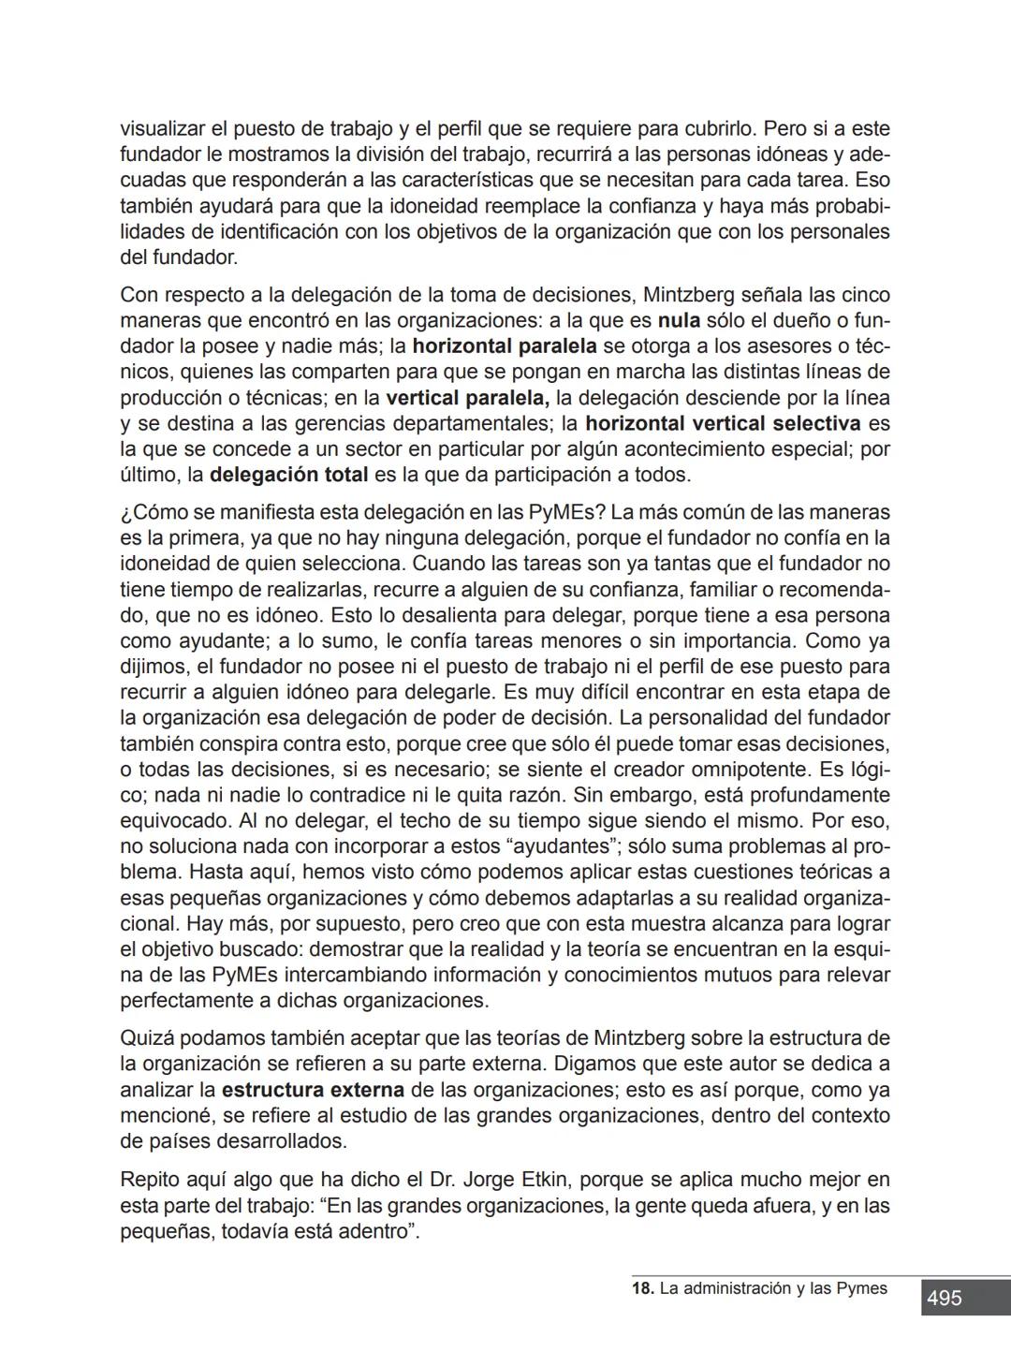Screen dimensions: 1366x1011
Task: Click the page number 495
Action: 944,1298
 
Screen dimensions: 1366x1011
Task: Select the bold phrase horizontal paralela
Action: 505,347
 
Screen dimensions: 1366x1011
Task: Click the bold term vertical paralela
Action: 467,398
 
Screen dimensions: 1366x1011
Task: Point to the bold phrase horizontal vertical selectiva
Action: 723,424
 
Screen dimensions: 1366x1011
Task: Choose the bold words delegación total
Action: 288,475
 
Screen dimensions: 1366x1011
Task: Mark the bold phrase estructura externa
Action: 313,1090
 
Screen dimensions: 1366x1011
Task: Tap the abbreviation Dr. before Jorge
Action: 443,1179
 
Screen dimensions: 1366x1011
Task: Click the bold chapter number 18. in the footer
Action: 643,1288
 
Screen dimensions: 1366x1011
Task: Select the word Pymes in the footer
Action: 860,1288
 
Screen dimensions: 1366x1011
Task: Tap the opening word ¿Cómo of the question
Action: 153,512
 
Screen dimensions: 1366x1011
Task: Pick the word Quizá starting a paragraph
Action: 147,1038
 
